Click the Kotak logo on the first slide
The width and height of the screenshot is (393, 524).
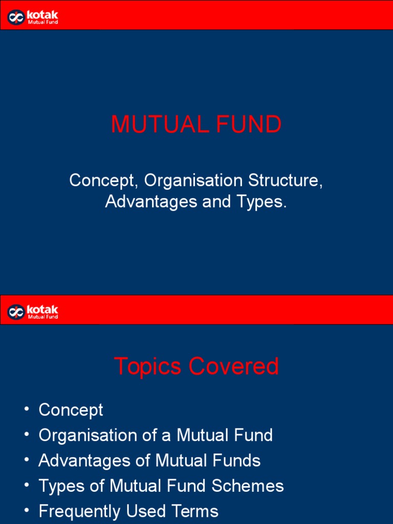click(x=33, y=17)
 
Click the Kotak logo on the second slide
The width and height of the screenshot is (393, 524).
click(x=33, y=312)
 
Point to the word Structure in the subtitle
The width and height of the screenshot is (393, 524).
click(x=285, y=181)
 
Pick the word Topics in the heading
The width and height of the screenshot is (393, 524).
click(x=148, y=366)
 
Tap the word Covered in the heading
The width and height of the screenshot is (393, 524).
click(x=233, y=366)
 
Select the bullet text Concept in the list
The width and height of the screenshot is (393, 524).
click(x=71, y=410)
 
